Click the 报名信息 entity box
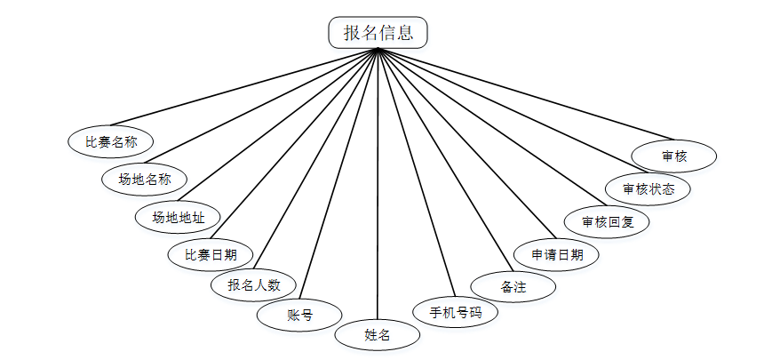[x=378, y=33]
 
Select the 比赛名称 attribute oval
[x=111, y=140]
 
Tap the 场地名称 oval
[x=145, y=178]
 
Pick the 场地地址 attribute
[x=178, y=216]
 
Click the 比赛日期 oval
[x=211, y=253]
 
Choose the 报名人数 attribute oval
[x=254, y=284]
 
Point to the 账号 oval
[x=299, y=314]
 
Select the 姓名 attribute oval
[x=378, y=335]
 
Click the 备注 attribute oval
[x=513, y=286]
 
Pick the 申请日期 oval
[x=557, y=253]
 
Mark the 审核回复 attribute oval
[x=608, y=220]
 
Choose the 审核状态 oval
[x=648, y=188]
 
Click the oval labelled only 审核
[x=674, y=155]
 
